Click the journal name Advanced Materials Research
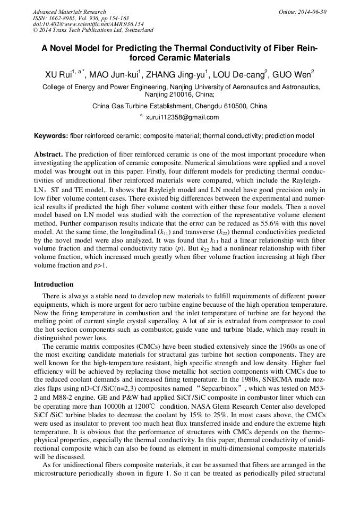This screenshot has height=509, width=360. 70,12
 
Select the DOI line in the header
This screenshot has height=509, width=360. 88,24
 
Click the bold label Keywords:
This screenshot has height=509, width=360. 50,136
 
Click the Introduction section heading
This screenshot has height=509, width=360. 54,284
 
